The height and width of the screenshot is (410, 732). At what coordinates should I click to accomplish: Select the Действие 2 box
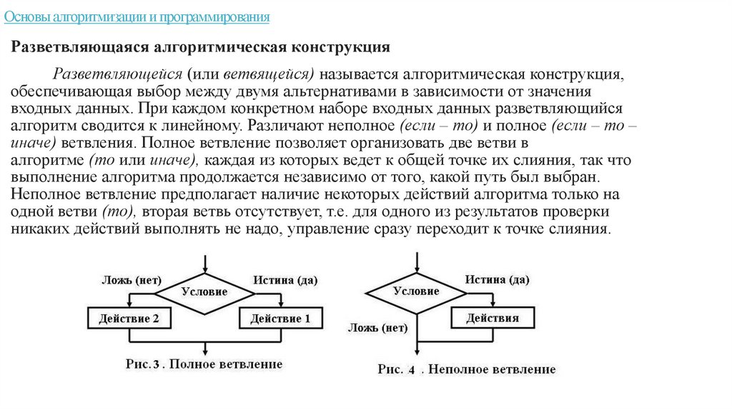[x=129, y=319]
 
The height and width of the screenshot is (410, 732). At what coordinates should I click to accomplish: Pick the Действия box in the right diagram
[x=493, y=317]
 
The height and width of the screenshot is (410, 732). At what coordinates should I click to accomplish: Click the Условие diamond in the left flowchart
[x=204, y=291]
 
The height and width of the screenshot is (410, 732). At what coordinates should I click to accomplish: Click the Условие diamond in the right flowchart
[x=416, y=291]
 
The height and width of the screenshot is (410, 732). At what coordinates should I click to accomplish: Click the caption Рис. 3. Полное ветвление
[x=204, y=364]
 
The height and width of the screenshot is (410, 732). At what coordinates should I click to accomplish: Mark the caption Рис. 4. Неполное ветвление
[x=466, y=369]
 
